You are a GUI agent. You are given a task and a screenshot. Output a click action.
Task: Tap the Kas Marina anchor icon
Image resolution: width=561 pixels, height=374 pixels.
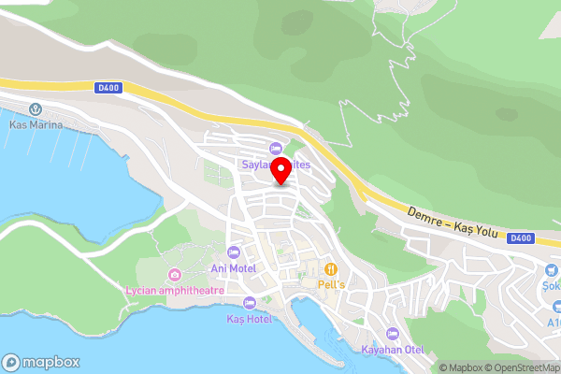[35, 109]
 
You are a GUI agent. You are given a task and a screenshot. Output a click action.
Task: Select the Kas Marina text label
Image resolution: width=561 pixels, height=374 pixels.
[35, 125]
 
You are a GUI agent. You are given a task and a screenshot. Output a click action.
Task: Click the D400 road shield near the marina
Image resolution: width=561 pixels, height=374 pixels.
[108, 89]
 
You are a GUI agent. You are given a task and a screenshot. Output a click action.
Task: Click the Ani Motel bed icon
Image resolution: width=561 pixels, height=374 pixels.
[234, 252]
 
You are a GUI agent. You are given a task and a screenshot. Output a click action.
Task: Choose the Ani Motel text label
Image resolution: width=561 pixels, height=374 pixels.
[234, 268]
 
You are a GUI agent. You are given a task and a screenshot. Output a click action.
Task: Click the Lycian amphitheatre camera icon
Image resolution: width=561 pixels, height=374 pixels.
[174, 274]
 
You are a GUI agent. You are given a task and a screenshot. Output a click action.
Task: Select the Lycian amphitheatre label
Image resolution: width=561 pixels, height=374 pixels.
[174, 290]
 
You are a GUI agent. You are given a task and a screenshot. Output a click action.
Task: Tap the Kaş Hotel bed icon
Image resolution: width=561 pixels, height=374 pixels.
[249, 303]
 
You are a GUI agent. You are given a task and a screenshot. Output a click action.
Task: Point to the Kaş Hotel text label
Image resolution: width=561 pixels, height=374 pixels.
[249, 319]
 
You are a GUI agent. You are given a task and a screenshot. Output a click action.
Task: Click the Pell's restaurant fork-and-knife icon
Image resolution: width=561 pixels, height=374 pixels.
[332, 267]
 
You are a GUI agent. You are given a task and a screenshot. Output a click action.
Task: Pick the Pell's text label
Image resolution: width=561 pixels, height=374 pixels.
[332, 283]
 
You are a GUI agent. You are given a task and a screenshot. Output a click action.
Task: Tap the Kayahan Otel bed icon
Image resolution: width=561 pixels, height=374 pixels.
[393, 334]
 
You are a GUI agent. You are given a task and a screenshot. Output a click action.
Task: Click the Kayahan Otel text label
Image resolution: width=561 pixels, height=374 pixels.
[393, 350]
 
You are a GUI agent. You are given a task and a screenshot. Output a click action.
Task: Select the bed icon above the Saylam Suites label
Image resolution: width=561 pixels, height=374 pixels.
[275, 148]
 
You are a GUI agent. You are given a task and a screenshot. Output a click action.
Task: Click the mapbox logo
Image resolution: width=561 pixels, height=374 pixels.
[41, 362]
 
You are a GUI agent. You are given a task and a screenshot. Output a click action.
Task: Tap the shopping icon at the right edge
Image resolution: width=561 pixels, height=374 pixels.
[552, 268]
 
